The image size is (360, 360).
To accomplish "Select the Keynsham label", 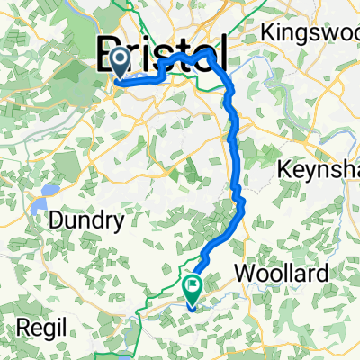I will pos(319,169).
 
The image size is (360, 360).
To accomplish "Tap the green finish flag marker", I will pos(193,287).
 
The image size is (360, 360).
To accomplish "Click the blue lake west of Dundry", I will pos(40,208).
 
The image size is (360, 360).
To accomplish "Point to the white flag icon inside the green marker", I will pos(193,285).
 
